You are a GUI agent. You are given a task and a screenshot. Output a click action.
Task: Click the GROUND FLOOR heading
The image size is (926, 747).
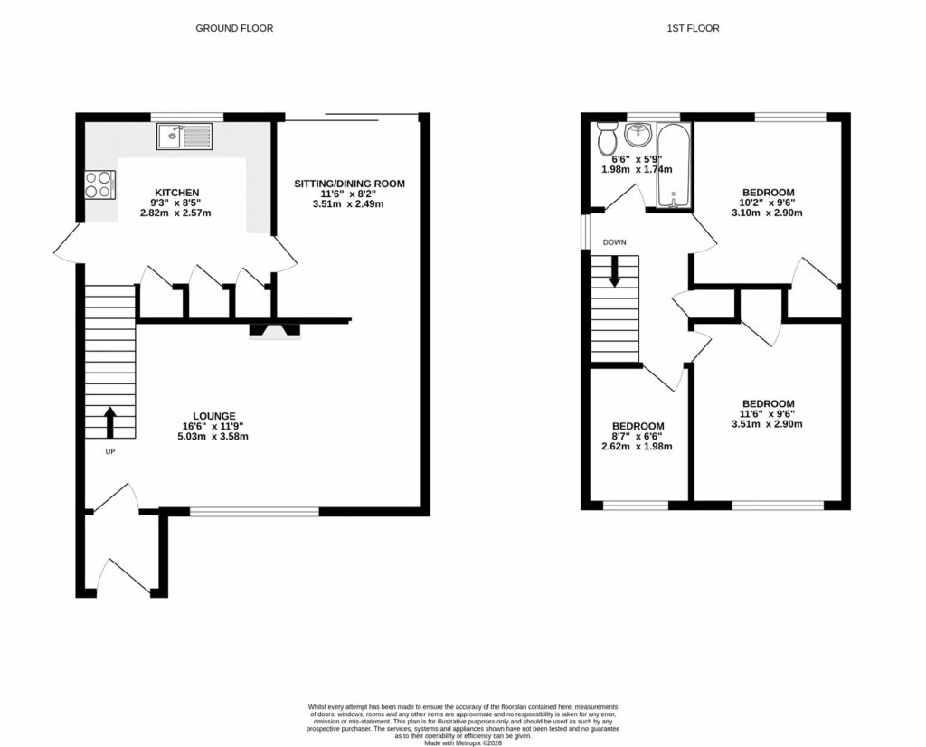point(234,28)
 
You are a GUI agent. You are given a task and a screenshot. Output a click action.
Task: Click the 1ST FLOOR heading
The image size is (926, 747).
point(694,28)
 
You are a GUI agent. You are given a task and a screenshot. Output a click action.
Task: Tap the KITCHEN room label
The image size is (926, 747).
point(177,193)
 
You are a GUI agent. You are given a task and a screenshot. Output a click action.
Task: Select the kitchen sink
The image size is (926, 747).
point(184,137)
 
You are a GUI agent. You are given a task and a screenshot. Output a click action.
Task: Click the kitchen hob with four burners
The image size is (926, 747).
point(99,184)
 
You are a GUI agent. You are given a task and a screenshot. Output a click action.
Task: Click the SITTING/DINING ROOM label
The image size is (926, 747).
point(349,184)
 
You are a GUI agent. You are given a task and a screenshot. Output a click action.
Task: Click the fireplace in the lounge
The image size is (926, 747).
point(274,331)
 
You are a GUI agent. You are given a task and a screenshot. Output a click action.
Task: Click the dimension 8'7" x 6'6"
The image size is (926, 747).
point(638,436)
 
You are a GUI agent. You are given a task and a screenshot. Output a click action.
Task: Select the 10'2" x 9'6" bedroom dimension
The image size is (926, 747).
point(768,203)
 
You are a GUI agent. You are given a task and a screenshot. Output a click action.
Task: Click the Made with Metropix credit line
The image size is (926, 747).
point(463,742)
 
